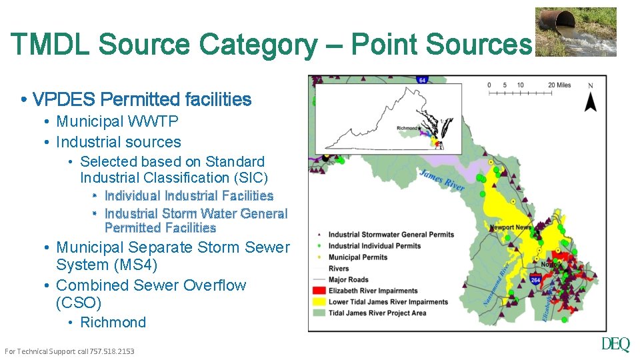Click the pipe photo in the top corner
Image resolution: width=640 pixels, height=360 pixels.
[576, 31]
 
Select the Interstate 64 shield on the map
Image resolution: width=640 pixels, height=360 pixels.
[421, 81]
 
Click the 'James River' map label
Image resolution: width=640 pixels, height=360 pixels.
[442, 180]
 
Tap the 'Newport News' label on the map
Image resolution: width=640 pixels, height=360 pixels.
[511, 227]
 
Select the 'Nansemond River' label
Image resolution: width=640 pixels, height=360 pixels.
[497, 283]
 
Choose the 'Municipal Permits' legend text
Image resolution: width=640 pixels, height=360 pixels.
[357, 257]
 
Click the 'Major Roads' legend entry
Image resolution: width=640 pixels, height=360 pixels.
[348, 279]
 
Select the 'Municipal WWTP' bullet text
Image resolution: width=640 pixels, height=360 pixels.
[117, 121]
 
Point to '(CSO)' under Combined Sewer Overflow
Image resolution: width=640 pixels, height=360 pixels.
[79, 303]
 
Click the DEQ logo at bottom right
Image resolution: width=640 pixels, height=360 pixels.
[615, 345]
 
